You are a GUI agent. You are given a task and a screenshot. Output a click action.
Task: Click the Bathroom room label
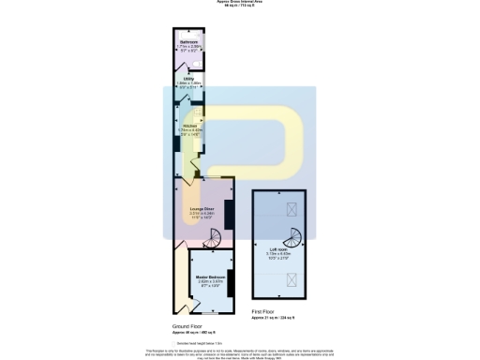tap(189, 43)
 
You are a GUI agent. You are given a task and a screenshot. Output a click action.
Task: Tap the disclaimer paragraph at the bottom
tap(240, 352)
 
